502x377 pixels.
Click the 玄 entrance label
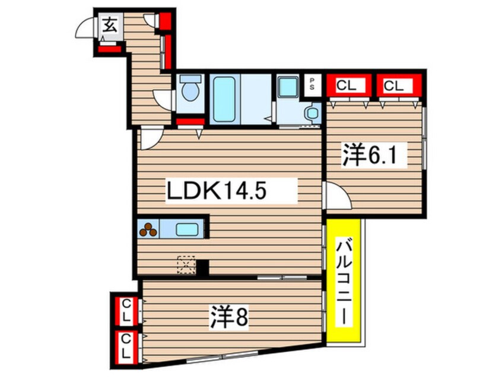coord(110,26)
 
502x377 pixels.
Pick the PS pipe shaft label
coord(313,84)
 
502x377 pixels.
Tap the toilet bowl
coord(190,91)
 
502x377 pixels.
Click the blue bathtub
coord(225,99)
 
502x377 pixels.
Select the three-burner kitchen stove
coord(148,229)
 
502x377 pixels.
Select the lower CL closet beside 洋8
coord(126,346)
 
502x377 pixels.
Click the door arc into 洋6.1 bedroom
coord(336,197)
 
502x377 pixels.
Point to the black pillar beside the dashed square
coord(202,268)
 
